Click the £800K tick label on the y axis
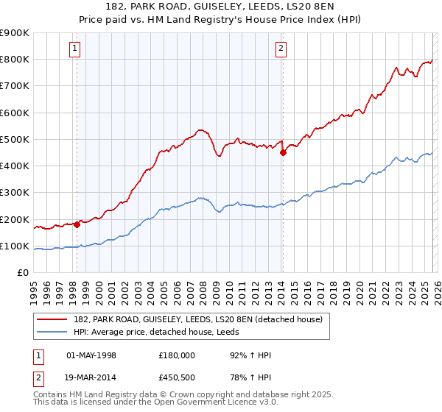coord(15,60)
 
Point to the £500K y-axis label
coord(15,140)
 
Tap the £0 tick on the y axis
coord(24,273)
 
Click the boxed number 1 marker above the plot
coord(76,49)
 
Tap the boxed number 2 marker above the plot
coord(281,49)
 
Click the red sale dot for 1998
coord(77,224)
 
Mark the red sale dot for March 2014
coord(283,152)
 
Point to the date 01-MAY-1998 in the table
coord(91,355)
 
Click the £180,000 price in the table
coord(177,355)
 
